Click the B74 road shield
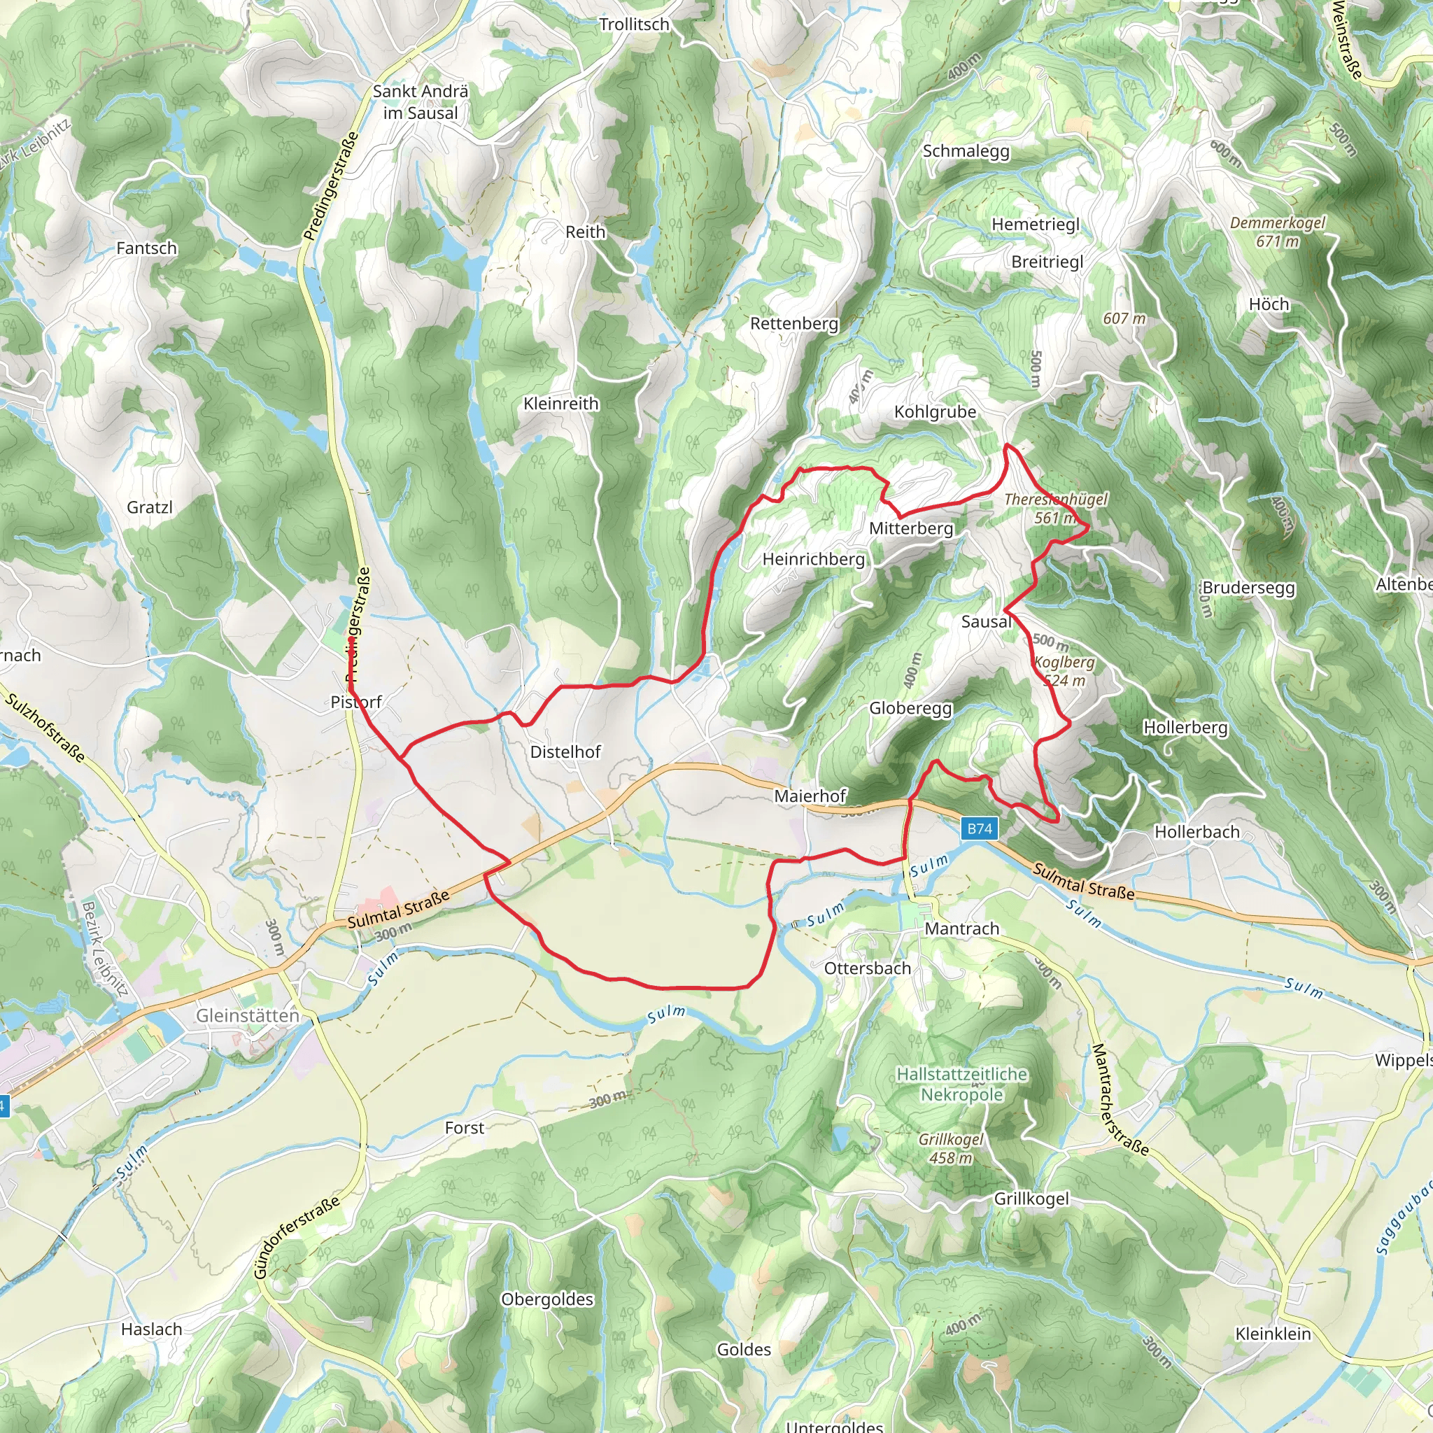(979, 828)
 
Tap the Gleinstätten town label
(247, 1015)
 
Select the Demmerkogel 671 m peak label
(1277, 232)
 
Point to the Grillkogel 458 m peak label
(951, 1148)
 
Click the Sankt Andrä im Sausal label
(421, 102)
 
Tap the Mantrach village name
(962, 929)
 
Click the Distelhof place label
(565, 752)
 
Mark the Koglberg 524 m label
(1064, 671)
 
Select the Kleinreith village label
(560, 404)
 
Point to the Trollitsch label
(634, 24)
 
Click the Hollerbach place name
(1197, 832)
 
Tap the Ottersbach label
(868, 968)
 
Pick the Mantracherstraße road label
(1120, 1100)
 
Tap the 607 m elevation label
(1124, 319)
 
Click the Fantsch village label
(147, 248)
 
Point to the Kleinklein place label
(1273, 1334)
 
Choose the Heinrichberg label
(814, 559)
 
